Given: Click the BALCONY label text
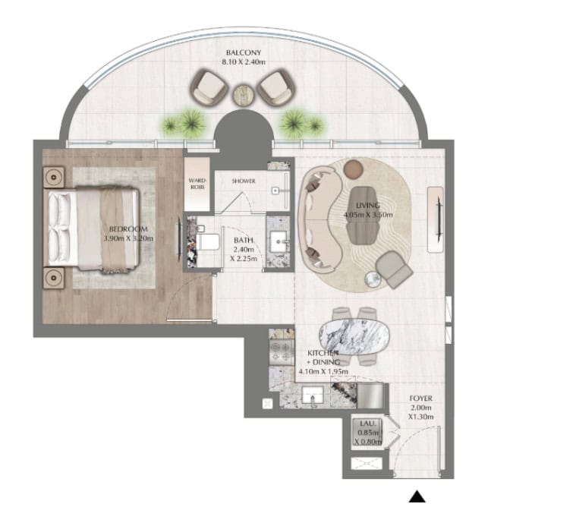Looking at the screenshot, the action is coord(243,52).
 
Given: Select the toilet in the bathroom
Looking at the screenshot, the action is coord(207,242).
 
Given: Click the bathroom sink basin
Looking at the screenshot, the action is coord(278,241).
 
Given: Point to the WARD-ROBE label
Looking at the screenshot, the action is coord(197,184).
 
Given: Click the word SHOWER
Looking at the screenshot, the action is coord(243,181).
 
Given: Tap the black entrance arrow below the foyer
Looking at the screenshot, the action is coord(417,496).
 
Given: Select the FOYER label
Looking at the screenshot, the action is coord(420,398).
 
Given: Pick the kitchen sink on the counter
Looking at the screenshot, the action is coord(313,395).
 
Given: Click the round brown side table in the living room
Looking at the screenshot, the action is coord(354,169).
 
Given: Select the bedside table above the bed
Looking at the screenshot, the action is coord(54,178).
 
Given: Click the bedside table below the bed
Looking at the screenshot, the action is coord(54,278).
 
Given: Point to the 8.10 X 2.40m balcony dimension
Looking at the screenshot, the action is coord(243,62).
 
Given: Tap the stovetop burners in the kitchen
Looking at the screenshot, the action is coord(282,351).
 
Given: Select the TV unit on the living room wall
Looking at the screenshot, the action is coord(436,219).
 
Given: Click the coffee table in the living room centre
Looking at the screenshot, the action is coord(363,216).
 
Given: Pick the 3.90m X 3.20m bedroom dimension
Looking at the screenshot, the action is coord(128,238).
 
